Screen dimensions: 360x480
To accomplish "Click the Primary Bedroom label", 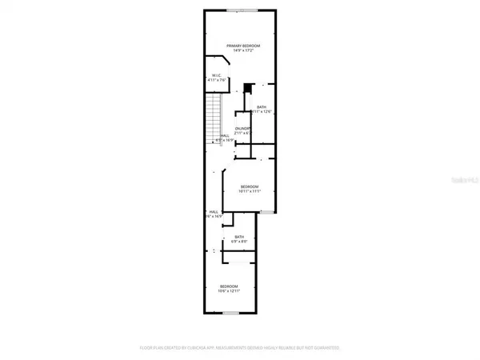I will pyautogui.click(x=240, y=46).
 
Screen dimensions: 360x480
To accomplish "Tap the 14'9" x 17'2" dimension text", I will pyautogui.click(x=240, y=51).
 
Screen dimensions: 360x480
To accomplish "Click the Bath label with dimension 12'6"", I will pyautogui.click(x=261, y=106).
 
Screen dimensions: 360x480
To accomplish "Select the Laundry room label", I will pyautogui.click(x=243, y=128).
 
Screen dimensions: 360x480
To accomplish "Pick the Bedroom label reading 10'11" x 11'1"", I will pyautogui.click(x=250, y=187).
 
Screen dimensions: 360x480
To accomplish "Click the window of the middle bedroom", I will pyautogui.click(x=266, y=212).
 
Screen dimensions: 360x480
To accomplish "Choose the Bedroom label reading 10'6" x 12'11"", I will pyautogui.click(x=228, y=286).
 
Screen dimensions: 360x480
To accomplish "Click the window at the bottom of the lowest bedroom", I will pyautogui.click(x=231, y=312).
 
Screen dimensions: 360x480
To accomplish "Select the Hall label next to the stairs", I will pyautogui.click(x=225, y=135).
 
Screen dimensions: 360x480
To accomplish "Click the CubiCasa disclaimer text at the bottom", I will pyautogui.click(x=240, y=349).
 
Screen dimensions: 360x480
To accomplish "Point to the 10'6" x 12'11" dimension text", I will pyautogui.click(x=228, y=290).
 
